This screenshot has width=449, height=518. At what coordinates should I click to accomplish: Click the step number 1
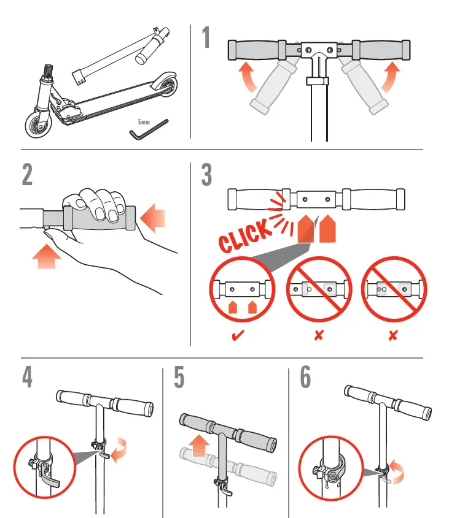click(206, 39)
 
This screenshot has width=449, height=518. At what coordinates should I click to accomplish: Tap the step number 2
click(27, 175)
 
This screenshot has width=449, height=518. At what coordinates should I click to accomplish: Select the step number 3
click(207, 175)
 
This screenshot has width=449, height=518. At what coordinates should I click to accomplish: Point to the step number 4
click(27, 378)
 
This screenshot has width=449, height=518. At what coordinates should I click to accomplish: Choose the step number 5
click(179, 378)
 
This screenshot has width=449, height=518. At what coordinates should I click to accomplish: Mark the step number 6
click(305, 378)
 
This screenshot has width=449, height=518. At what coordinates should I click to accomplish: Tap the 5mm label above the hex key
click(144, 123)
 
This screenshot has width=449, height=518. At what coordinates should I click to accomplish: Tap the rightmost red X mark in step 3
click(392, 335)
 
